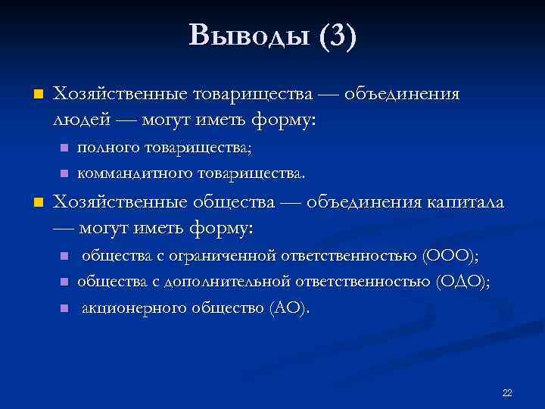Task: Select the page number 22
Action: tap(507, 392)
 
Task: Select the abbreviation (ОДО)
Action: tap(462, 282)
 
